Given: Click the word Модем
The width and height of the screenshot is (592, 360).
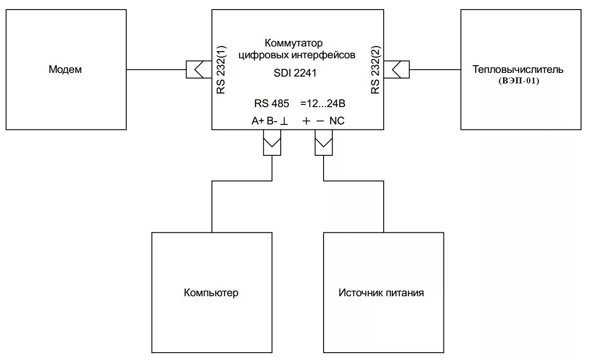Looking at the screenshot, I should coord(66,70).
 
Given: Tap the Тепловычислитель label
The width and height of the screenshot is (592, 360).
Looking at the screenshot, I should coord(518,70).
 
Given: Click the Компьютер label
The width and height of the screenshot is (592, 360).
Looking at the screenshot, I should coord(211,293).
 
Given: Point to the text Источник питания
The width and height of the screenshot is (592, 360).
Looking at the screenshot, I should coord(381,293).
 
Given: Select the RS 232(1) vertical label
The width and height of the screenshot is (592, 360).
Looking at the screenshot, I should coord(221,70).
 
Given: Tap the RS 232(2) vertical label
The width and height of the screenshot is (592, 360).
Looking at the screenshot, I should coord(375,70).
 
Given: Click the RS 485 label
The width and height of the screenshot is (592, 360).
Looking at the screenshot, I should coord(272,104).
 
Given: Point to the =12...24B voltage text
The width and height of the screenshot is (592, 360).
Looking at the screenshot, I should coord(323,104).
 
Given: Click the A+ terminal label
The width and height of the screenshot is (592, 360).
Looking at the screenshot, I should coord(257,121).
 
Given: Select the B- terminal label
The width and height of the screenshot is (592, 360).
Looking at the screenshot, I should coord(272,121).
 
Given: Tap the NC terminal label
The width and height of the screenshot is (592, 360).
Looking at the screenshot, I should coord(337,121).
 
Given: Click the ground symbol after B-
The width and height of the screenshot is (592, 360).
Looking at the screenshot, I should coord(284,122).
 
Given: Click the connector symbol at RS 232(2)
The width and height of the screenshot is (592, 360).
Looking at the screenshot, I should coord(396,70).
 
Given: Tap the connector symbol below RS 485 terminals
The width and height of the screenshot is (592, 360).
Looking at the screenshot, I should coord(272,143).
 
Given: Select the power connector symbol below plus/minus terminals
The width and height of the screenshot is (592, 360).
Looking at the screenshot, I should coord(324,143).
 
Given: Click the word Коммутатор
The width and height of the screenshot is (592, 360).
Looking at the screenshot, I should coord(293,43).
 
